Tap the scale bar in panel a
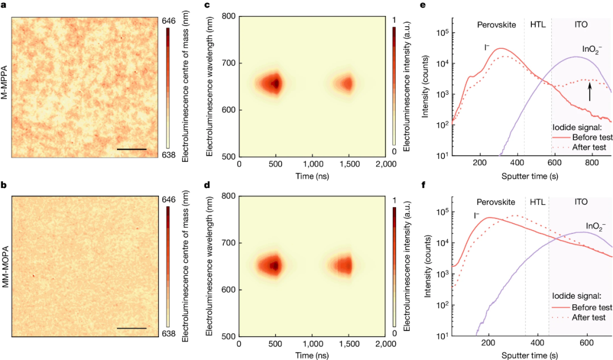[132, 149]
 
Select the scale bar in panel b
[132, 328]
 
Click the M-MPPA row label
[5, 82]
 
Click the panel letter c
[207, 5]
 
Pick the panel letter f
[424, 185]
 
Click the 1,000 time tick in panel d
[312, 344]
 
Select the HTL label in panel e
[538, 24]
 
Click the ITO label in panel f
[581, 202]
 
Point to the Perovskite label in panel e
[497, 24]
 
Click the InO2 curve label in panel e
[592, 50]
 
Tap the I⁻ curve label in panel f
[476, 215]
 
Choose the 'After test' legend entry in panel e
[579, 148]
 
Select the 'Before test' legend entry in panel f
[582, 307]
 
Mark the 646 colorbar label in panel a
[169, 21]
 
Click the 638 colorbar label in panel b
[169, 334]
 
